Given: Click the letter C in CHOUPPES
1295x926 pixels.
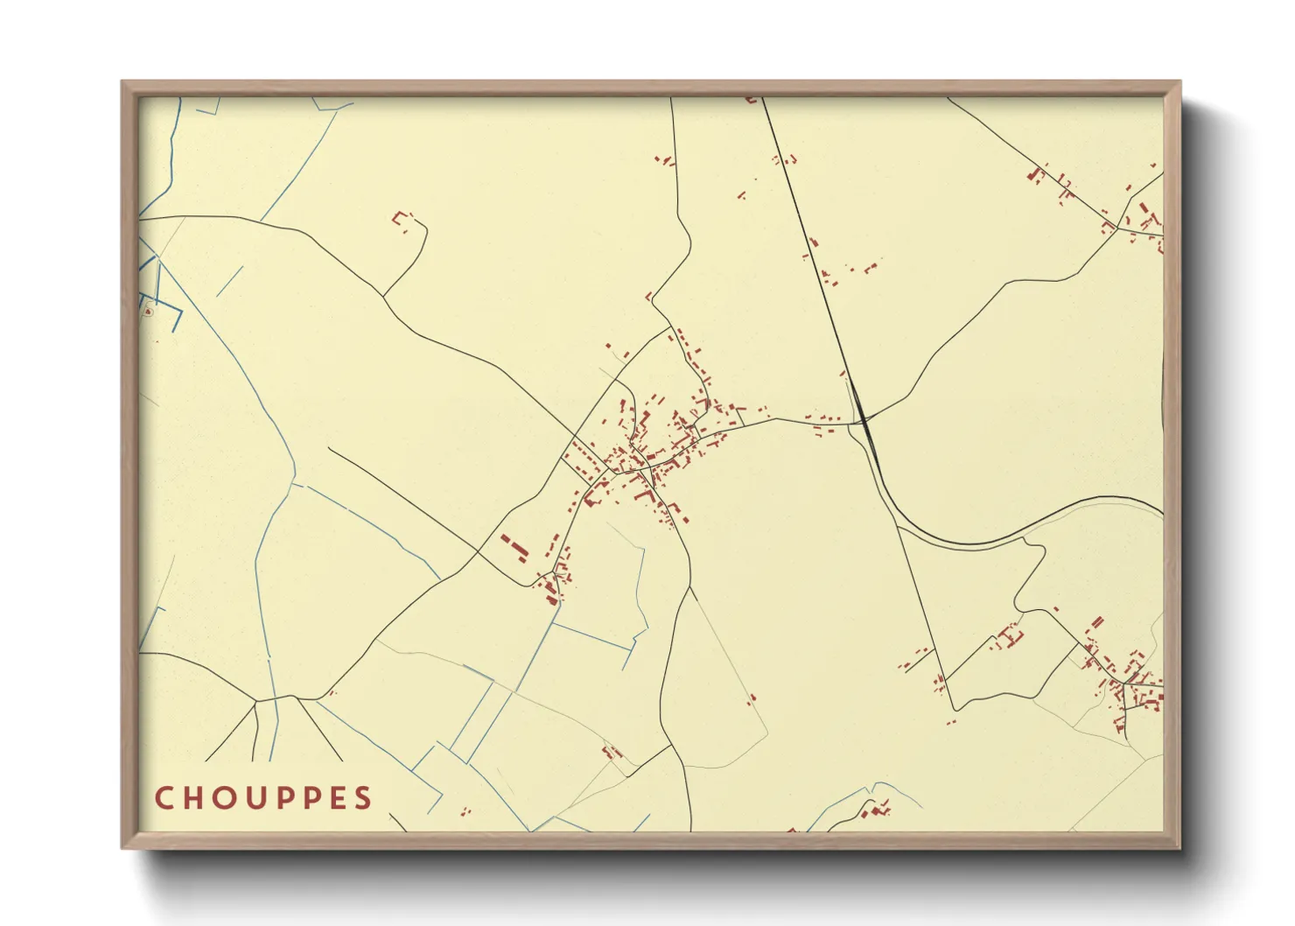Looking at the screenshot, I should [164, 798].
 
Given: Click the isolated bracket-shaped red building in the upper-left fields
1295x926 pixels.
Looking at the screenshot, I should [402, 217].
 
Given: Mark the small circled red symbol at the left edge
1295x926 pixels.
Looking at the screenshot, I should [148, 311].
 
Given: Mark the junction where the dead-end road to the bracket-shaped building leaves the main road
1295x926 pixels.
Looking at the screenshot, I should [383, 296].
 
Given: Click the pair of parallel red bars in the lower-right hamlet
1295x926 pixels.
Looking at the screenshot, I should [1096, 622].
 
